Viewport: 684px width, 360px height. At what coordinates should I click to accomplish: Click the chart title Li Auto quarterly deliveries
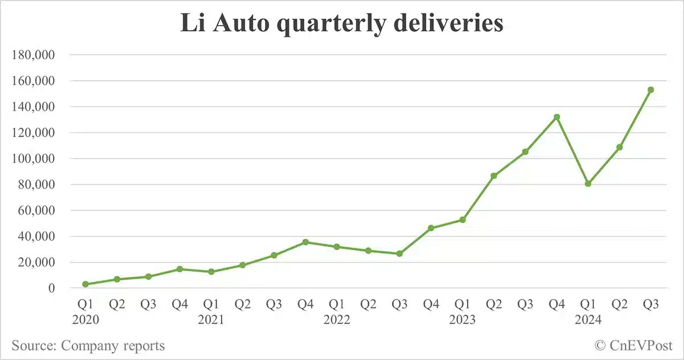tap(342, 24)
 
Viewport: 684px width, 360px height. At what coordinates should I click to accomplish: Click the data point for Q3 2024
tap(650, 89)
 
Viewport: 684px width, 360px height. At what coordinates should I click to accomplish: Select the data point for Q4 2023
tap(556, 117)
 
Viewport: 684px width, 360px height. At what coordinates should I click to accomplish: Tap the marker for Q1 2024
tap(588, 183)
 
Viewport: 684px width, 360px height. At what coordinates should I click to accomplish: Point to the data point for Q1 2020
tap(85, 284)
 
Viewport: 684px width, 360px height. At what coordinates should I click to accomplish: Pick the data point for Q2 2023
tap(494, 175)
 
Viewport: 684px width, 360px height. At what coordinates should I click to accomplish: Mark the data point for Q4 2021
tap(306, 242)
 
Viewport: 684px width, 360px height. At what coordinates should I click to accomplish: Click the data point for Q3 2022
tap(400, 253)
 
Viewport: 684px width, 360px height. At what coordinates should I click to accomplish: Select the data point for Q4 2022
tap(431, 228)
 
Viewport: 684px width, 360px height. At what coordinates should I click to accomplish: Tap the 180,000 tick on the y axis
tap(36, 55)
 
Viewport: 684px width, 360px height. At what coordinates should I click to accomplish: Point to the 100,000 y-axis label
tap(36, 159)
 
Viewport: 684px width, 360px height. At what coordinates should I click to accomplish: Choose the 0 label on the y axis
tap(51, 288)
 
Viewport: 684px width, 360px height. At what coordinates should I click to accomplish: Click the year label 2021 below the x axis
tap(211, 320)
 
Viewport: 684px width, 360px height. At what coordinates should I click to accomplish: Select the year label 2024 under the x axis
tap(588, 320)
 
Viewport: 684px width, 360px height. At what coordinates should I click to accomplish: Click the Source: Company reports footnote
tap(88, 345)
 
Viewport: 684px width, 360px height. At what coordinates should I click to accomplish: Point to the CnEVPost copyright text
tap(633, 345)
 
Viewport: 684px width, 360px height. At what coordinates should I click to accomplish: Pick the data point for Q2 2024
tap(619, 147)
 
